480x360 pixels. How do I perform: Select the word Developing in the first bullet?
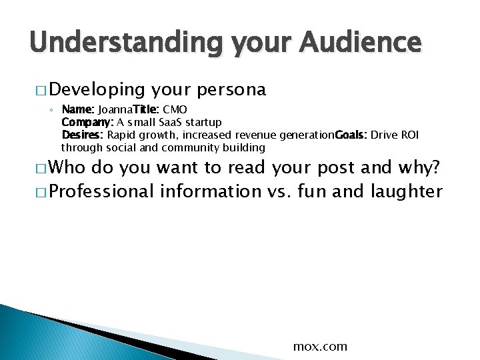point(97,89)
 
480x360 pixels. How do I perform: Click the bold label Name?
point(78,109)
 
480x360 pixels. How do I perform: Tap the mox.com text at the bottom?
point(320,346)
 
